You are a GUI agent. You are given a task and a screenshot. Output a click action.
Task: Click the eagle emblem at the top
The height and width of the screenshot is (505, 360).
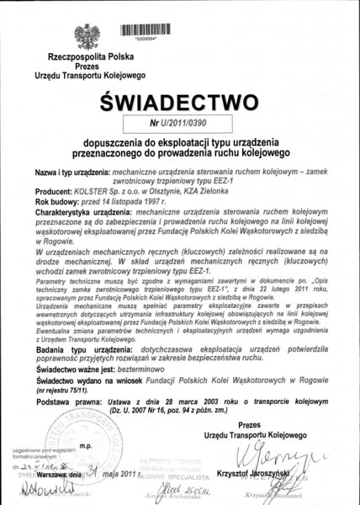click(86, 35)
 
